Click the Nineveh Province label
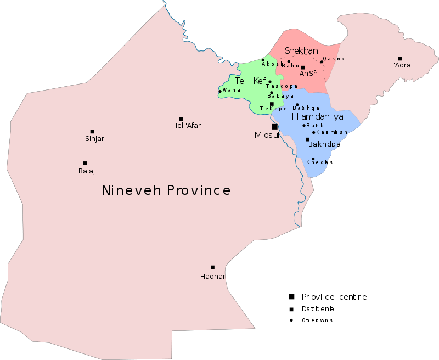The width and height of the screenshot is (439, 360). pos(166,190)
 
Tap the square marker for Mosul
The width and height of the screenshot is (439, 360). pos(274,127)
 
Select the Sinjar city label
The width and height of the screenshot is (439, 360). pos(94,139)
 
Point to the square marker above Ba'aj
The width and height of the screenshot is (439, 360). pos(85,163)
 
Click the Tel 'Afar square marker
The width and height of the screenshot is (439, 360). pos(181,119)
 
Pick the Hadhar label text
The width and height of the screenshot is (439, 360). pos(213,277)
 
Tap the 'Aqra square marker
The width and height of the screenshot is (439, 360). pos(400,59)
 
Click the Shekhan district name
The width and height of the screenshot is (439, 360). pos(301,51)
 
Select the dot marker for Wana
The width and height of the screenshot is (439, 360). pos(220,91)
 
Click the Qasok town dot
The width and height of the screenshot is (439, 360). pos(322,61)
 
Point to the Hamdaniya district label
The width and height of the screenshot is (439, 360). pos(317,117)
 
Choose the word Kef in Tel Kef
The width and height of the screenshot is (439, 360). pos(260,81)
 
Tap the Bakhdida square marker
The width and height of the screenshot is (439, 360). pos(307,139)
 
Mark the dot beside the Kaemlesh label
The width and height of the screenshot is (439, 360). pos(314,132)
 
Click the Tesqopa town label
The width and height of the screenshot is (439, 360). pos(282,86)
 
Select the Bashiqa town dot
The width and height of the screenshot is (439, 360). pos(297,104)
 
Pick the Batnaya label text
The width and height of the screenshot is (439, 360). pos(280,96)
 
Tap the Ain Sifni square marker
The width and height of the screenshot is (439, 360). pos(303,67)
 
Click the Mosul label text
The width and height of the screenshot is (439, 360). pos(267,135)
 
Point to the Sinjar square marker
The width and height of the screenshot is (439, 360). pos(92,132)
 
